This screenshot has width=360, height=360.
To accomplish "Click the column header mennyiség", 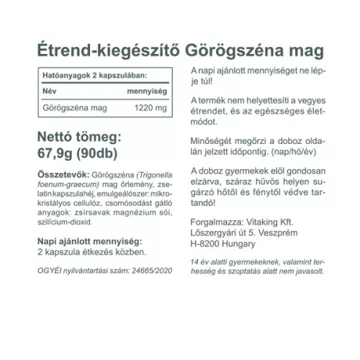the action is pos(148,91).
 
